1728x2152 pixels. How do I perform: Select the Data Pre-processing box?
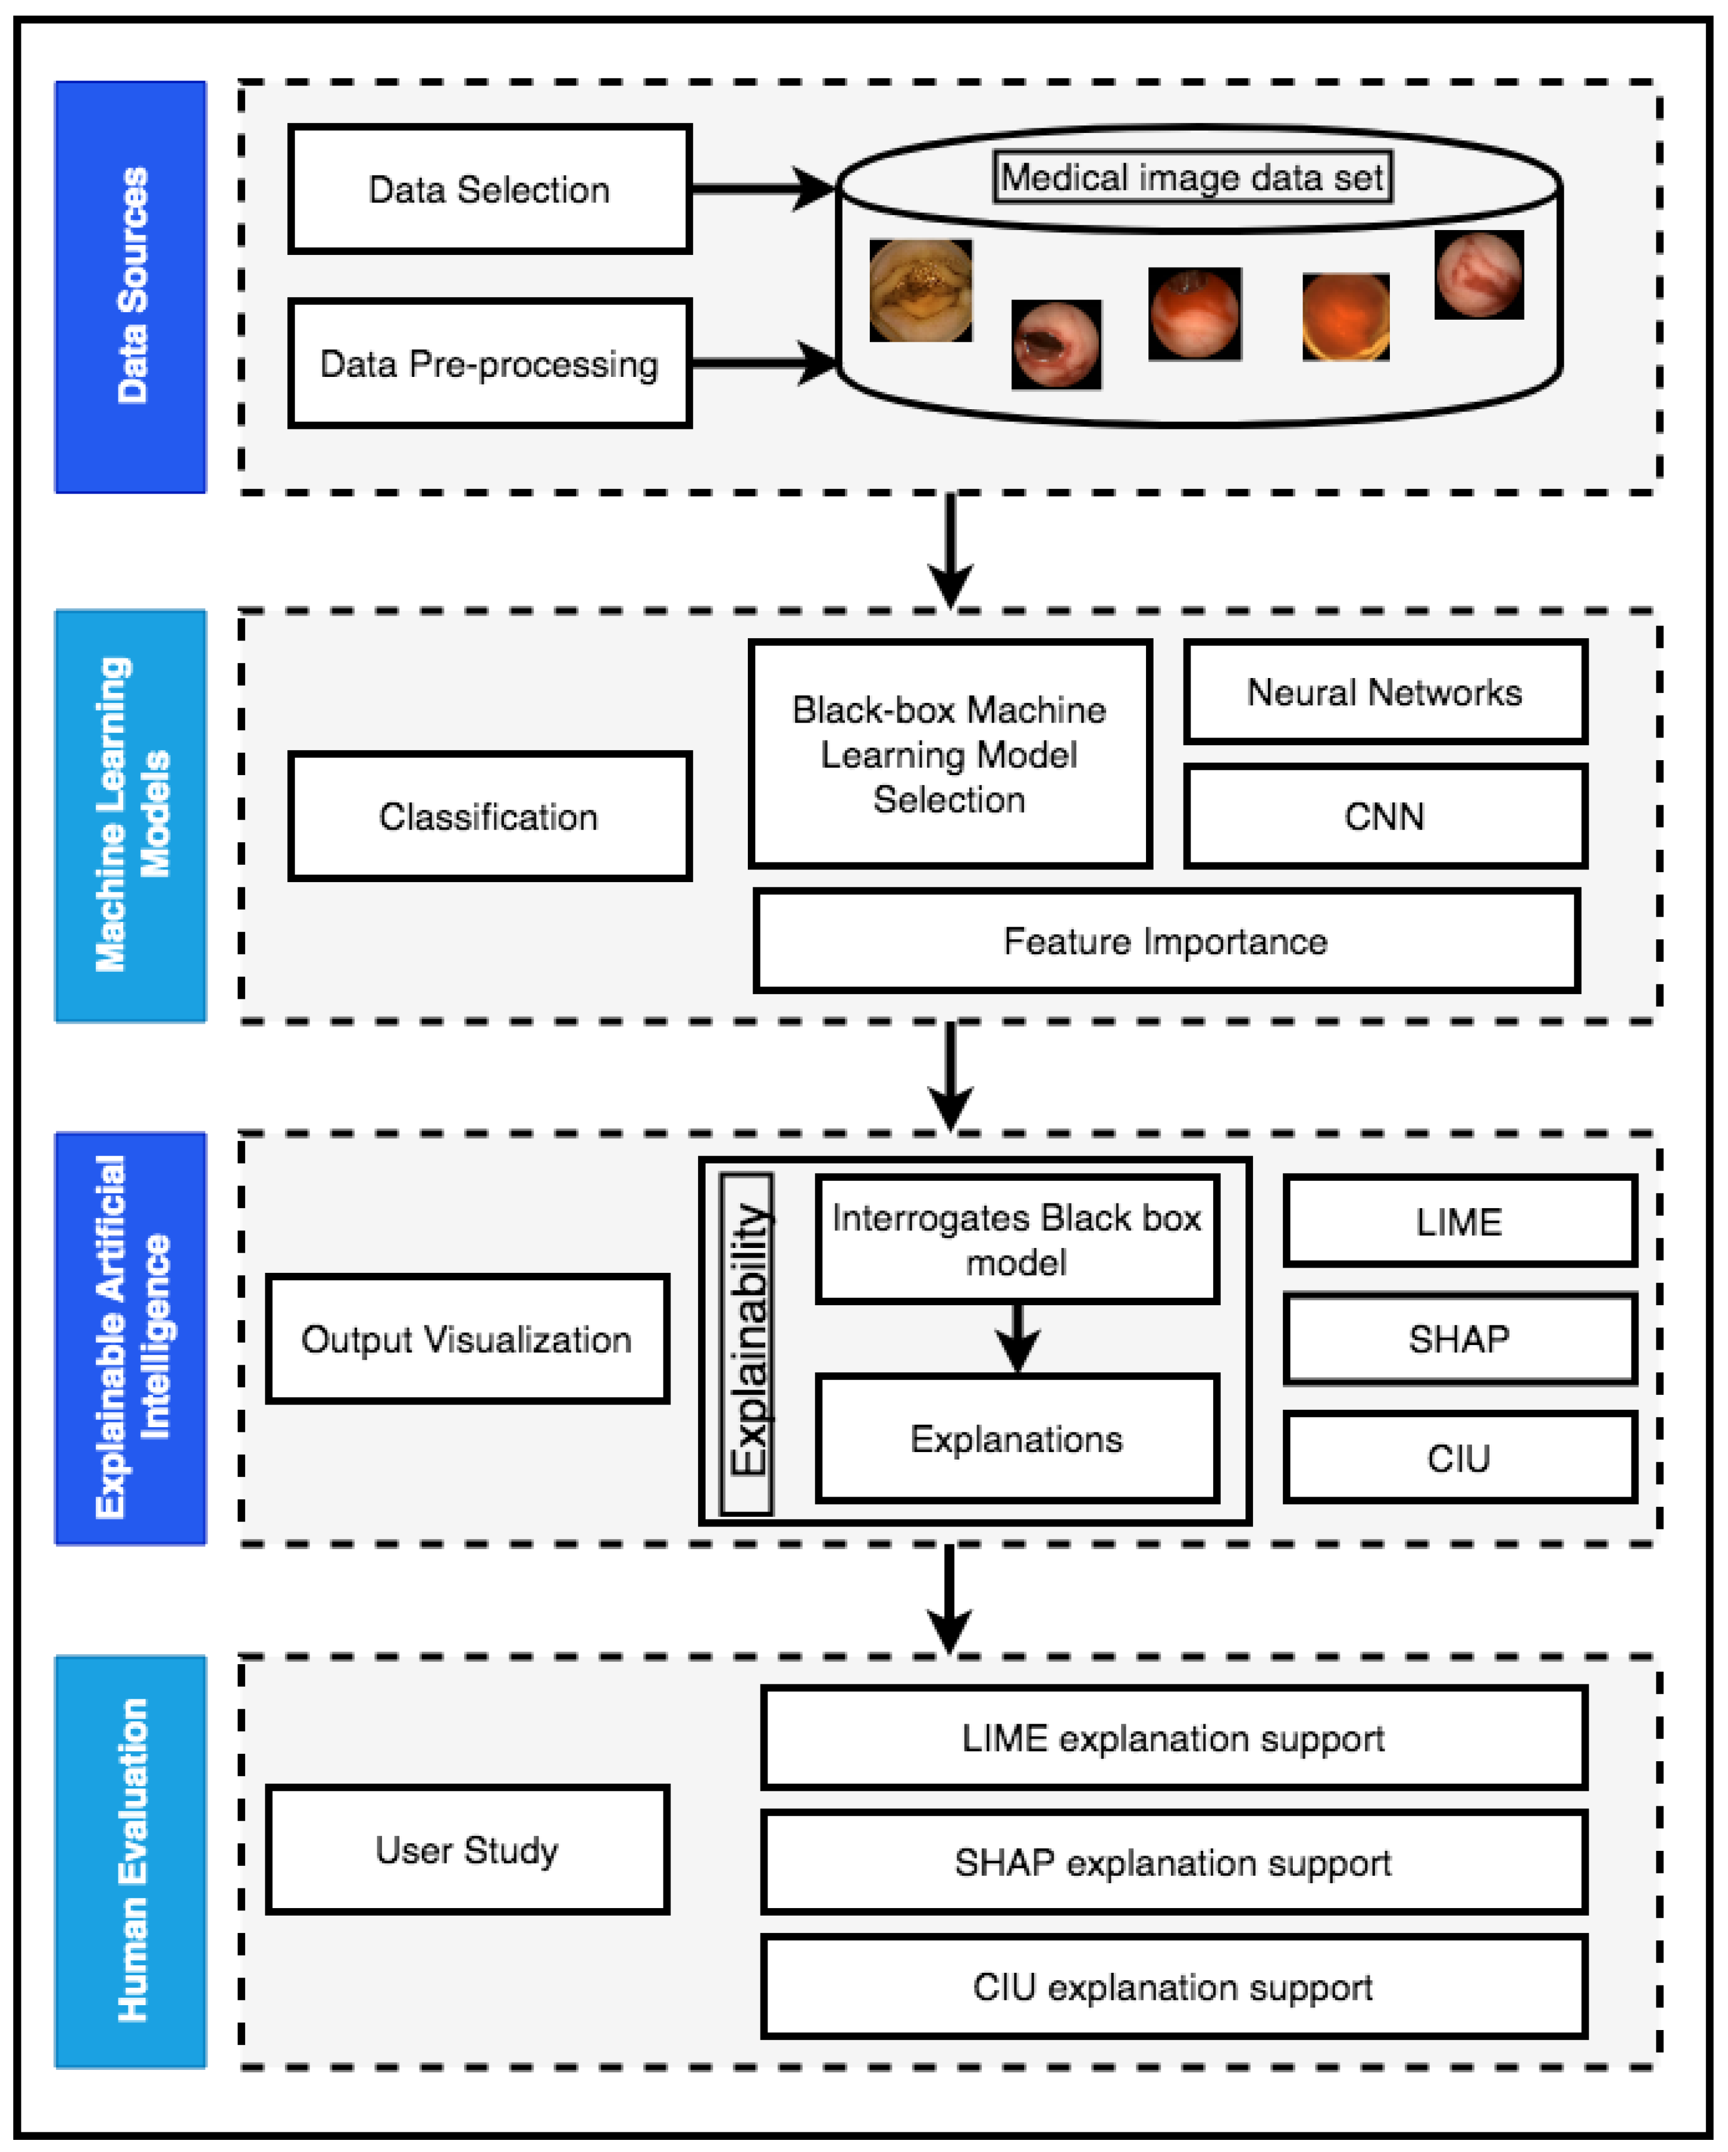[489, 364]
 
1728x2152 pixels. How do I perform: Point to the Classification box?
[489, 817]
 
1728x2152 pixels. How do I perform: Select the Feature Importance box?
[1165, 941]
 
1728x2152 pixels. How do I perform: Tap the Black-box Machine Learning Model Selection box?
[950, 754]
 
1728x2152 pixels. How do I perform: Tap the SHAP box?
[1459, 1339]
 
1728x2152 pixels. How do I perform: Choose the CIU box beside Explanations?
[1459, 1458]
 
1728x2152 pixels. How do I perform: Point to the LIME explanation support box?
[1173, 1738]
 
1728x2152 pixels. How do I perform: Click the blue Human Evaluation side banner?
[131, 1861]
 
